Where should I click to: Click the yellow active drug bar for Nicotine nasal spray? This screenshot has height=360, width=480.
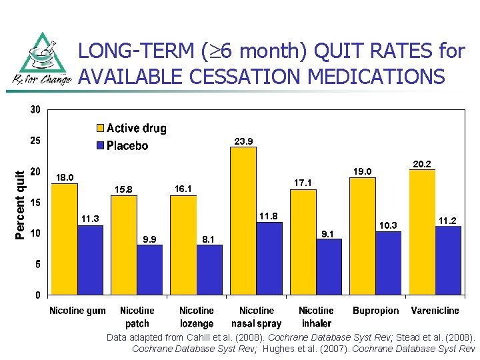243,221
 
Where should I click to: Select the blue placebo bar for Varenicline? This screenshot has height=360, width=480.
448,260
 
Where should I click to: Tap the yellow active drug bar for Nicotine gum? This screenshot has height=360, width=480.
64,239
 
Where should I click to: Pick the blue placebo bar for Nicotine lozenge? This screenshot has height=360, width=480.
209,270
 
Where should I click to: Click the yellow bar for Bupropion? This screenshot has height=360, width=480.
363,236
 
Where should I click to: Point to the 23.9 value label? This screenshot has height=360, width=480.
244,141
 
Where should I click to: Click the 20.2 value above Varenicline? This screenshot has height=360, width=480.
422,164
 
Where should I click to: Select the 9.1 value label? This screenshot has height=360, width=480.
327,234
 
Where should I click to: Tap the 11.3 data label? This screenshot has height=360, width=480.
90,219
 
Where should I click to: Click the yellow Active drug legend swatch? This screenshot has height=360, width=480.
100,127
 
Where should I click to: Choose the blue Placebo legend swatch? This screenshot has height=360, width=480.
100,145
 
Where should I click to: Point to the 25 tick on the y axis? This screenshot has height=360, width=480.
35,141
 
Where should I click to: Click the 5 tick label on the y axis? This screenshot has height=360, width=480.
37,264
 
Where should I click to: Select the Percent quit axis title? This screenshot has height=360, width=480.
19,205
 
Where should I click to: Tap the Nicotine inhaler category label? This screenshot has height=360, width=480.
316,317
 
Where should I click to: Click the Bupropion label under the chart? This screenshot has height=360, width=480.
375,311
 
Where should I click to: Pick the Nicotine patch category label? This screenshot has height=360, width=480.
137,317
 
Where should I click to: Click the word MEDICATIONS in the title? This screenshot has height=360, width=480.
376,76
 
